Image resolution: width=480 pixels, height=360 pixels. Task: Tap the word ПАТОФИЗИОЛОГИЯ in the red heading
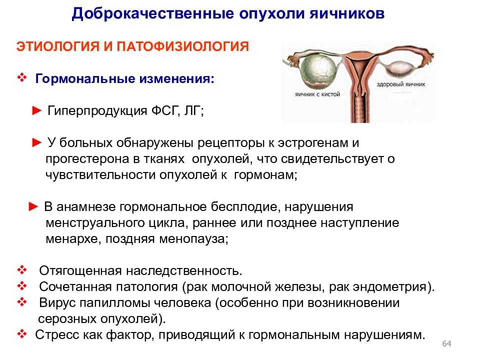coord(183,46)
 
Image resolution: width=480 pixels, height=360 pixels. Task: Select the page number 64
coord(446,344)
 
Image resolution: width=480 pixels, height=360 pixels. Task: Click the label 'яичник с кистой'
coord(317,94)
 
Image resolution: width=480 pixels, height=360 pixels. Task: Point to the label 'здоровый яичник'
coord(400,84)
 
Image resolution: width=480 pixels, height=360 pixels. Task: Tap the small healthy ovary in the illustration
coord(398,68)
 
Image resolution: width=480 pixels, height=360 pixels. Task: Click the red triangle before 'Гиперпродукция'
coord(36,110)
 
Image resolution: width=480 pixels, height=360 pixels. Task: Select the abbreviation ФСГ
coord(164,110)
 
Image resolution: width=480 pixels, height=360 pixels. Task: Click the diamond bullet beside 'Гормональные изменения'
coord(22,78)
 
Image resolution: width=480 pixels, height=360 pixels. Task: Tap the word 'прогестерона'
coord(82,159)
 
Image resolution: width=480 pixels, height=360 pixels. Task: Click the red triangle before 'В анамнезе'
coord(33,206)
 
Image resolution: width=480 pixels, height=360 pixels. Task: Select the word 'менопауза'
coord(193,239)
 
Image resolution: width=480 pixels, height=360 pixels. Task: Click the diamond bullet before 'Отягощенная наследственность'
coord(22,270)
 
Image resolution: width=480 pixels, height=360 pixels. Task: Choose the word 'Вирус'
coord(57,303)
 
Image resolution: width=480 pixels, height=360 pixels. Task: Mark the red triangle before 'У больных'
coord(36,142)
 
